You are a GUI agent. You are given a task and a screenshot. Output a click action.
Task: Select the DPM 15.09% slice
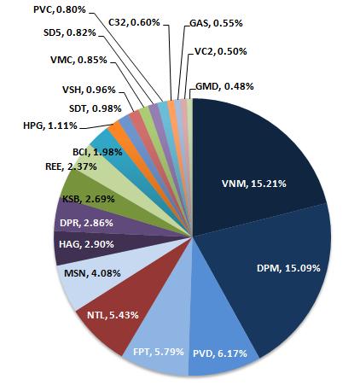tap(282, 273)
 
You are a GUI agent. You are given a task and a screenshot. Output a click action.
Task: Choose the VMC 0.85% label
tap(71, 61)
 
